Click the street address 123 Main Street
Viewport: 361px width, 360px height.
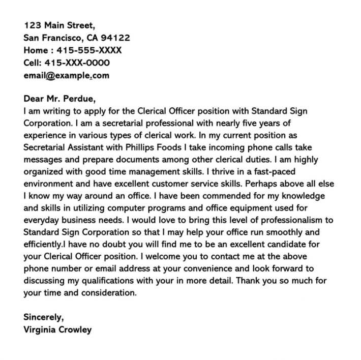click(59, 25)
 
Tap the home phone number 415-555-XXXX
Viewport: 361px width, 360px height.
click(90, 50)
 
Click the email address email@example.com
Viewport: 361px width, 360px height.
click(66, 76)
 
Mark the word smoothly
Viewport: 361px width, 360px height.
click(283, 232)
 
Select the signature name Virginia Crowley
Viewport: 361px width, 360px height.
click(57, 329)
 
